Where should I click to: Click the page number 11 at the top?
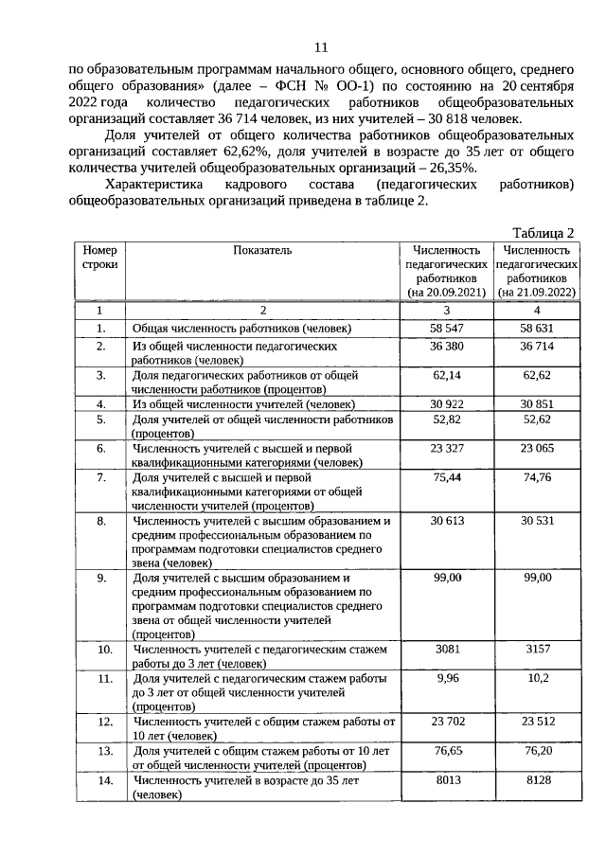click(x=320, y=47)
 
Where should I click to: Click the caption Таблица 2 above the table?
click(x=544, y=233)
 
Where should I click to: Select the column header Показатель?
click(x=264, y=250)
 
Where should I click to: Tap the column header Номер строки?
click(x=99, y=257)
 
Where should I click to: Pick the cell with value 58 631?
click(x=536, y=328)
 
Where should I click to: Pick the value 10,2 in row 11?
click(x=536, y=679)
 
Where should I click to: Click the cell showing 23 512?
click(x=536, y=722)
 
